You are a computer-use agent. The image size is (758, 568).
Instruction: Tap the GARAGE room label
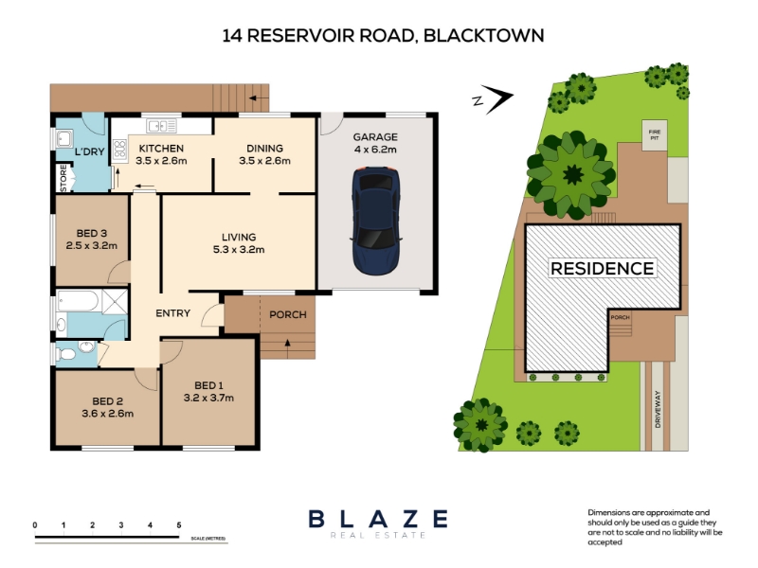(375, 136)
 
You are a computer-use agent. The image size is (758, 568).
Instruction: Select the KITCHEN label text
(161, 149)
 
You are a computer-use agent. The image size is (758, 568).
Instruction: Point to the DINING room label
(264, 149)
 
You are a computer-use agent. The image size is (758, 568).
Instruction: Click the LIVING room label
(239, 237)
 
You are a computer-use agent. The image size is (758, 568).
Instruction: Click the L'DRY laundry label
(89, 152)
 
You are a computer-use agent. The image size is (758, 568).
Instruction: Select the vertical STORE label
(63, 178)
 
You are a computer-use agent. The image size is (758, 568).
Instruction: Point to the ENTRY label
(174, 313)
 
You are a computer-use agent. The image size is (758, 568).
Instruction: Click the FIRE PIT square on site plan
(653, 133)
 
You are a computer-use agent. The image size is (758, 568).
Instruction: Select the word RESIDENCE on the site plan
(602, 269)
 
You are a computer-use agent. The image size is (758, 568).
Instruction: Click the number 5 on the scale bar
(179, 524)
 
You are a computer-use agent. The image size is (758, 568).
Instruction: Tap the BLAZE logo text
(378, 519)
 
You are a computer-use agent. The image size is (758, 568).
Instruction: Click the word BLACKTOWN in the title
(484, 36)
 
